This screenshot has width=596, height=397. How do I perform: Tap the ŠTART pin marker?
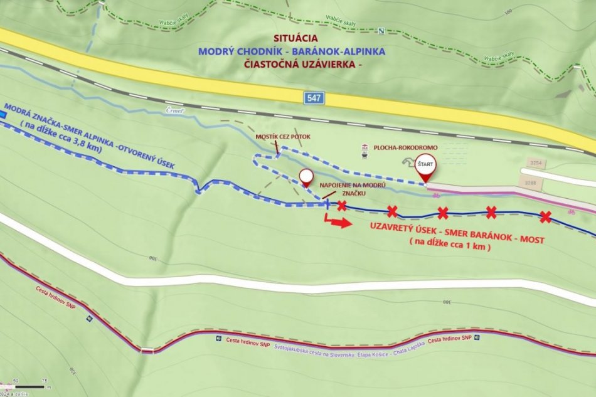point(426,166)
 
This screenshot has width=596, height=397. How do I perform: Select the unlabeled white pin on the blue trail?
point(306,177)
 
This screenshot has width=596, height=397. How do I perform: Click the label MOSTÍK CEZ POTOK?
point(283,137)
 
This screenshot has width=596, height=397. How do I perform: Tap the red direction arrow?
point(338,222)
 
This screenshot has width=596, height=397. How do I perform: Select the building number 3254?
point(535,162)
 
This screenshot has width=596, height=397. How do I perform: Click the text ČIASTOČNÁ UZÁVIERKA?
point(308,64)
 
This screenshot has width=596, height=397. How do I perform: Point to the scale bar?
point(28,386)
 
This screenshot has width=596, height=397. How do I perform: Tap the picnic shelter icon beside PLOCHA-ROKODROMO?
point(364,148)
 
